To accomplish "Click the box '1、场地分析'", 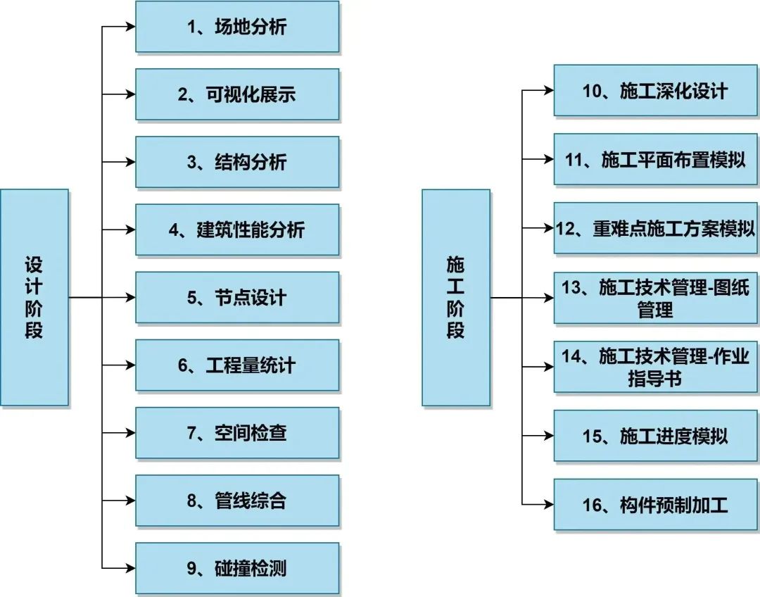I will pyautogui.click(x=236, y=27).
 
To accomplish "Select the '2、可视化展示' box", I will pyautogui.click(x=236, y=94).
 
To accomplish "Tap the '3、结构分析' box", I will pyautogui.click(x=236, y=162).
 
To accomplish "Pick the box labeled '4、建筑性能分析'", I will pyautogui.click(x=236, y=230).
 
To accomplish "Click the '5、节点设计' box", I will pyautogui.click(x=236, y=297).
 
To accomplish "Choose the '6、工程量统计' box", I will pyautogui.click(x=236, y=365).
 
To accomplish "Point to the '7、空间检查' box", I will pyautogui.click(x=236, y=433).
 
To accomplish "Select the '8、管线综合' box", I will pyautogui.click(x=236, y=501).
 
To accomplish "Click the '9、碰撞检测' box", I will pyautogui.click(x=236, y=568).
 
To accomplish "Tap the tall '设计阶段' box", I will pyautogui.click(x=34, y=297).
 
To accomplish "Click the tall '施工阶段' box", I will pyautogui.click(x=455, y=297).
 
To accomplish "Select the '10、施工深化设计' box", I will pyautogui.click(x=655, y=90).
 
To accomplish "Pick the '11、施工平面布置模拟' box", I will pyautogui.click(x=655, y=159).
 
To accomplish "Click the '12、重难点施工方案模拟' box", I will pyautogui.click(x=655, y=228).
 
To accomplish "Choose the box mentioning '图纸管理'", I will pyautogui.click(x=655, y=298).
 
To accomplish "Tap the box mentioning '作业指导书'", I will pyautogui.click(x=655, y=367).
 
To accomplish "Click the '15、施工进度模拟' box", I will pyautogui.click(x=655, y=436).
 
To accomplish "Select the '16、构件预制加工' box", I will pyautogui.click(x=655, y=504).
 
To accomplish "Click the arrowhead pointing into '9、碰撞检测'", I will pyautogui.click(x=129, y=568).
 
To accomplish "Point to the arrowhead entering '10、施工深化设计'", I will pyautogui.click(x=548, y=90).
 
